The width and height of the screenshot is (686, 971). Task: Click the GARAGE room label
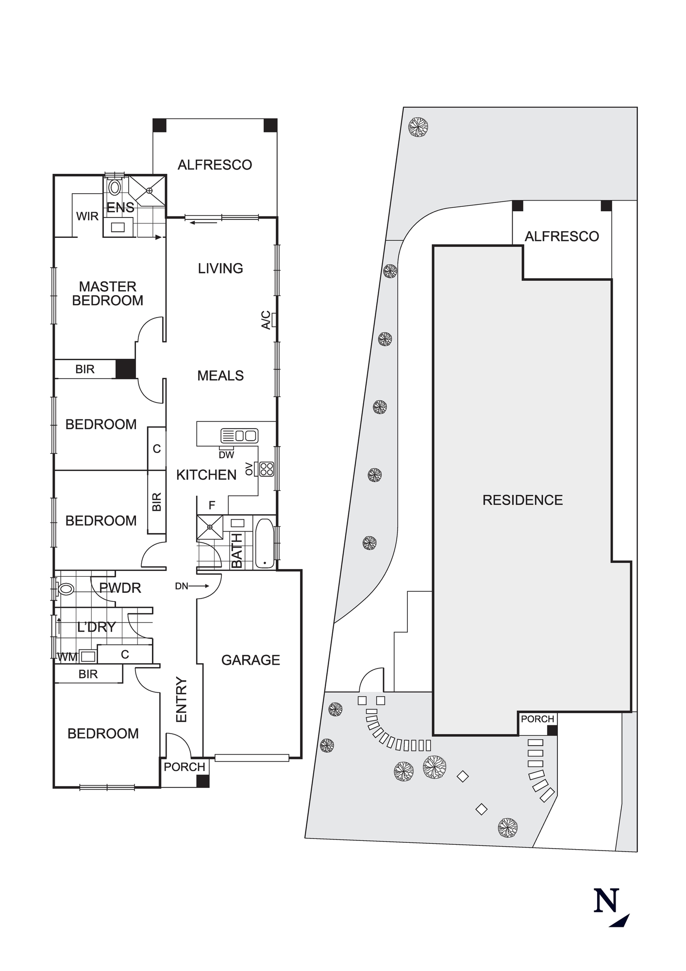tap(251, 660)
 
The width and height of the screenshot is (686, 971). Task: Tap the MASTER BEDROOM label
tap(108, 293)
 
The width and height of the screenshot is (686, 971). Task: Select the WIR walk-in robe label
tap(87, 216)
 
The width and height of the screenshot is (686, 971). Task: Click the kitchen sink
tap(239, 435)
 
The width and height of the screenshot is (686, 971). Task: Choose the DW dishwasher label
tap(226, 455)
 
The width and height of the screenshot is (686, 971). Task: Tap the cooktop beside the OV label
tap(267, 469)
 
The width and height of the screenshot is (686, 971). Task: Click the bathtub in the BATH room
tap(265, 544)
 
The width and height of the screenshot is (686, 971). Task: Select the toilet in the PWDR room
tap(65, 589)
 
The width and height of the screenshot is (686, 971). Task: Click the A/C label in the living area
tap(266, 320)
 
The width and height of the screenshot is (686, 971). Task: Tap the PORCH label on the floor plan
tap(184, 767)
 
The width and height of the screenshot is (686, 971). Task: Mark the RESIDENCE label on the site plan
tap(522, 500)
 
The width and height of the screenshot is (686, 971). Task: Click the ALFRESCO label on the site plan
tap(562, 236)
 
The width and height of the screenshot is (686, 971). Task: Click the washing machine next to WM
tap(88, 656)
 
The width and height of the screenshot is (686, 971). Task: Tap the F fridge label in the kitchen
tap(212, 505)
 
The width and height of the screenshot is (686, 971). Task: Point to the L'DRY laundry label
tap(97, 627)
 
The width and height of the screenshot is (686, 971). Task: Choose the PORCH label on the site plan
tap(537, 719)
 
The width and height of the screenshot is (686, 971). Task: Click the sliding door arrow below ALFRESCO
tap(203, 223)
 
